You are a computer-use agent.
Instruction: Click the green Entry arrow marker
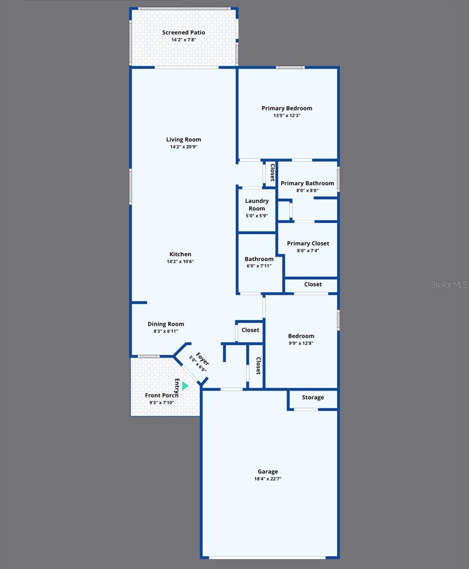pyautogui.click(x=185, y=386)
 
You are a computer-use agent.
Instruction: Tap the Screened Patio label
pyautogui.click(x=184, y=33)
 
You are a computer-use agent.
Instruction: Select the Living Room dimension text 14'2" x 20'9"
pyautogui.click(x=184, y=147)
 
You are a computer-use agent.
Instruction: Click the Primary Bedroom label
pyautogui.click(x=286, y=108)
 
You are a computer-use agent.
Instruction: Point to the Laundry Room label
pyautogui.click(x=257, y=205)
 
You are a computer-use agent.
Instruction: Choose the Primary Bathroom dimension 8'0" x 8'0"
pyautogui.click(x=307, y=191)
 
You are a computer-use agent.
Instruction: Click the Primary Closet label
pyautogui.click(x=308, y=243)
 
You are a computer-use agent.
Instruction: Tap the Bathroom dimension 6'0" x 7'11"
pyautogui.click(x=259, y=266)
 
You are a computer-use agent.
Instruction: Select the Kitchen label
pyautogui.click(x=180, y=254)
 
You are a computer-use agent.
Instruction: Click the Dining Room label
pyautogui.click(x=166, y=324)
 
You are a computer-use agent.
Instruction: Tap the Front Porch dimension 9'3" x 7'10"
pyautogui.click(x=162, y=403)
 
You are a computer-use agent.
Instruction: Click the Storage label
pyautogui.click(x=313, y=397)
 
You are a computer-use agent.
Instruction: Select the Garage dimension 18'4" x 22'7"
pyautogui.click(x=268, y=479)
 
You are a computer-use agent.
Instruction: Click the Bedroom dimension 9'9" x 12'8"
pyautogui.click(x=301, y=343)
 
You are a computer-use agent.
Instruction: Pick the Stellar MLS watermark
pyautogui.click(x=449, y=284)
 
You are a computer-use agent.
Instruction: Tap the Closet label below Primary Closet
pyautogui.click(x=313, y=284)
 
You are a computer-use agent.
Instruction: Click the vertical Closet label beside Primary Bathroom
pyautogui.click(x=272, y=173)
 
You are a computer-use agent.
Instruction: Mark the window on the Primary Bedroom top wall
pyautogui.click(x=291, y=67)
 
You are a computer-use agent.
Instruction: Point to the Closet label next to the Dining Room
pyautogui.click(x=250, y=330)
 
